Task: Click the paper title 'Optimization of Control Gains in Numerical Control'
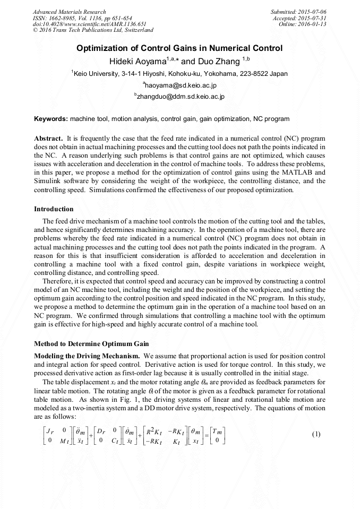point(179,48)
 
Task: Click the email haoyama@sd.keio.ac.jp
point(179,85)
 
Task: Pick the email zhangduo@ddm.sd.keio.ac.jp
point(179,97)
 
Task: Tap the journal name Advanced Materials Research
point(69,12)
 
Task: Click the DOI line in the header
point(89,24)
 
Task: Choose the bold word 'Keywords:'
point(51,119)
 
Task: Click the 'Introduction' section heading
point(54,209)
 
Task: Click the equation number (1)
point(316,434)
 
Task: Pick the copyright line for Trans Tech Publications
point(93,31)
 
